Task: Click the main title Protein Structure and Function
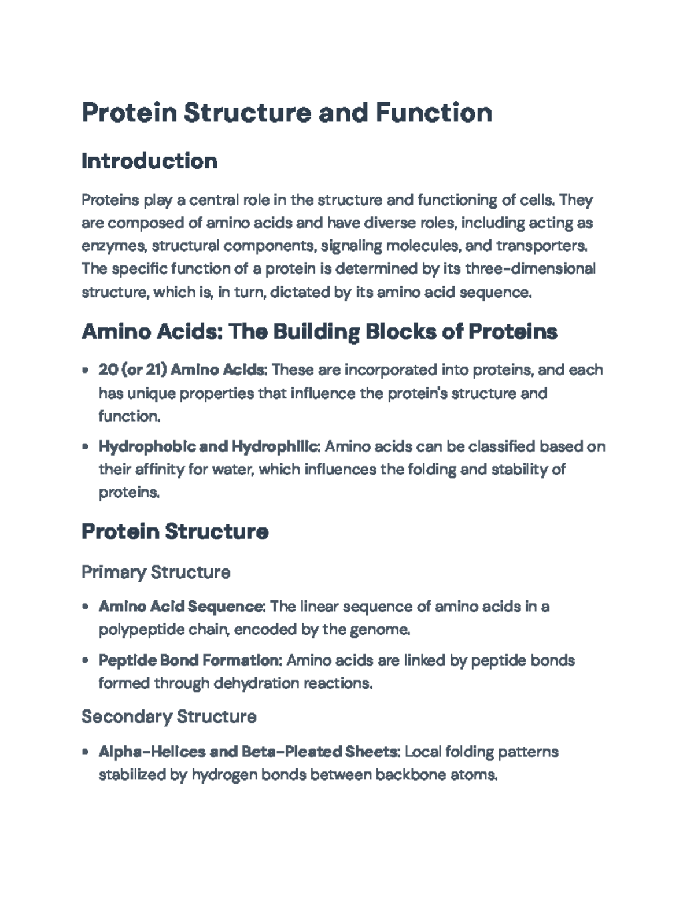[287, 113]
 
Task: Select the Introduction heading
[149, 161]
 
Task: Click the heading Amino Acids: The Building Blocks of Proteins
[319, 332]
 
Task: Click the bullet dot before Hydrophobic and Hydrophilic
[86, 447]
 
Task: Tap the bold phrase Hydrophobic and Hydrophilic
[209, 447]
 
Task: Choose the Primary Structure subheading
[156, 572]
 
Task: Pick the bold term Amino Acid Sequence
[182, 607]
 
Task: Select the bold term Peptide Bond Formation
[190, 660]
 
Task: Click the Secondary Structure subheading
[169, 717]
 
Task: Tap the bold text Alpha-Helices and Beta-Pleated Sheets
[249, 752]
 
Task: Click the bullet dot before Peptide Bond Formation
[86, 660]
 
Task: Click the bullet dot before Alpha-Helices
[86, 752]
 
